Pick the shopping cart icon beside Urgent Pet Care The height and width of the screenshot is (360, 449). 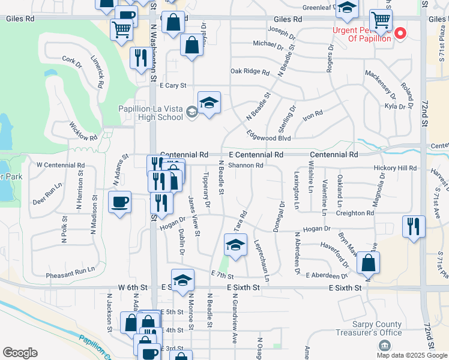click(381, 20)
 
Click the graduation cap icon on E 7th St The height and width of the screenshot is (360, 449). click(235, 245)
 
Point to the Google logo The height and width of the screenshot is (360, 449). click(20, 353)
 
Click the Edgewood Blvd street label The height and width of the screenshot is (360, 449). click(269, 138)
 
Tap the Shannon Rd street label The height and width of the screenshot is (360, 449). click(246, 166)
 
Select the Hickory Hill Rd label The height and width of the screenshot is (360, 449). click(394, 169)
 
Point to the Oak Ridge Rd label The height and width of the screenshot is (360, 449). click(250, 71)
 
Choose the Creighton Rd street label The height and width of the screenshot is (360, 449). click(354, 213)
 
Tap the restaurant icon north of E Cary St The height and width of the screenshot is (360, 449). click(140, 58)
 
